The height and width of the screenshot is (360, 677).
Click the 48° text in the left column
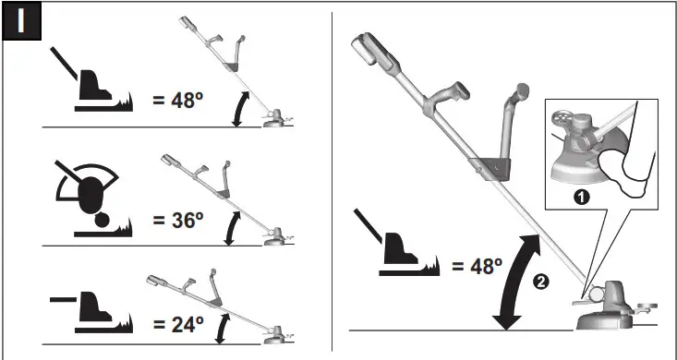tap(179, 99)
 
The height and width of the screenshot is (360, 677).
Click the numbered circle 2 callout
tap(542, 282)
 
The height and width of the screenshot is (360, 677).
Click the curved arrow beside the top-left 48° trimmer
tap(241, 108)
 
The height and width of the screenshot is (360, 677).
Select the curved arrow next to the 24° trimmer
tap(222, 326)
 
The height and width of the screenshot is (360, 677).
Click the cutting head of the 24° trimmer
tap(274, 339)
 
